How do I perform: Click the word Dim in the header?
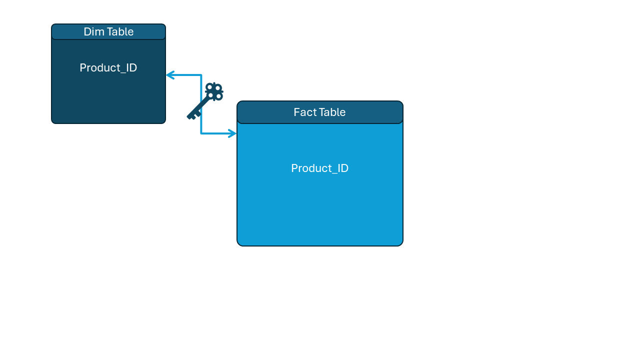[x=93, y=32]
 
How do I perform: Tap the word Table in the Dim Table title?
[x=120, y=32]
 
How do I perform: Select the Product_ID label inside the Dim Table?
[x=108, y=68]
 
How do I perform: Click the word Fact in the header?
[x=304, y=112]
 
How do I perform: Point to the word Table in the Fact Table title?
[x=332, y=112]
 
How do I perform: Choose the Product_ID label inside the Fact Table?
[x=320, y=168]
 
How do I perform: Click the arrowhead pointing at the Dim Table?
[x=169, y=75]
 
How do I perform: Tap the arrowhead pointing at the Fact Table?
[x=232, y=133]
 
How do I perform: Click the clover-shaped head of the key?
[x=214, y=91]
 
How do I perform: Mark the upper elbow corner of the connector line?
[x=201, y=75]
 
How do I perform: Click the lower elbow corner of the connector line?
[x=201, y=133]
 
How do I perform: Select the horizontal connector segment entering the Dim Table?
[x=185, y=75]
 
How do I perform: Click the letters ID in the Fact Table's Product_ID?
[x=342, y=168]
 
